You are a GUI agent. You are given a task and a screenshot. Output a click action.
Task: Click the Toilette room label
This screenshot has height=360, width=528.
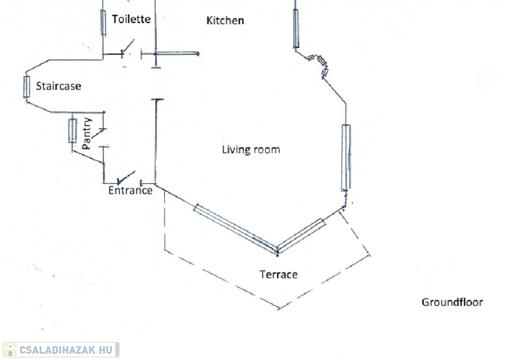click(131, 19)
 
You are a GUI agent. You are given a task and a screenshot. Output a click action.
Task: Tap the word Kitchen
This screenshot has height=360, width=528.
click(225, 21)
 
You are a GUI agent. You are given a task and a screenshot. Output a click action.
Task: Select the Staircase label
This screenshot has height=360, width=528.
click(58, 86)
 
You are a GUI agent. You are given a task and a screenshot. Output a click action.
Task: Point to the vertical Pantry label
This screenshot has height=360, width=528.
click(87, 134)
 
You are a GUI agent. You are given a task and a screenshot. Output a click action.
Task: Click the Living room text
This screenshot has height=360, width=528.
click(251, 150)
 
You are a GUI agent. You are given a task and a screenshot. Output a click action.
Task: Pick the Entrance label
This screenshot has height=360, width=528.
click(130, 190)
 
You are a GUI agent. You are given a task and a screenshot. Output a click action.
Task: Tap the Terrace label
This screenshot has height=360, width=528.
click(278, 274)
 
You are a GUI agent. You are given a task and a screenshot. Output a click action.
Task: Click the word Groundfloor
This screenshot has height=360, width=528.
click(452, 302)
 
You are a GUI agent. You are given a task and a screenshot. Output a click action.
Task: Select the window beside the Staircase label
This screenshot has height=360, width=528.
click(26, 87)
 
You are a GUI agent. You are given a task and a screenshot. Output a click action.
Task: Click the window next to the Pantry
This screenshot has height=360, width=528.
click(73, 130)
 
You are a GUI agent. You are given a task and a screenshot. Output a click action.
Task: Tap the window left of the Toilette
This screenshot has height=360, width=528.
click(103, 22)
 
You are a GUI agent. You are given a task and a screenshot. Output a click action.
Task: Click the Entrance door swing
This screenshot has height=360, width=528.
click(127, 177)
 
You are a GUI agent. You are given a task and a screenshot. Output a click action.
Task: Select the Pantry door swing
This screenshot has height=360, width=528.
click(100, 135)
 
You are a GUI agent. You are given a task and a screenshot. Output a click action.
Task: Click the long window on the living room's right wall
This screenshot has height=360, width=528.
click(346, 157)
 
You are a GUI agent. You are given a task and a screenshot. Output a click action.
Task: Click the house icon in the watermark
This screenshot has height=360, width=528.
click(10, 350)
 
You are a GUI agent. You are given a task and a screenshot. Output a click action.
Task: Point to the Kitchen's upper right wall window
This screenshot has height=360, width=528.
click(296, 28)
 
